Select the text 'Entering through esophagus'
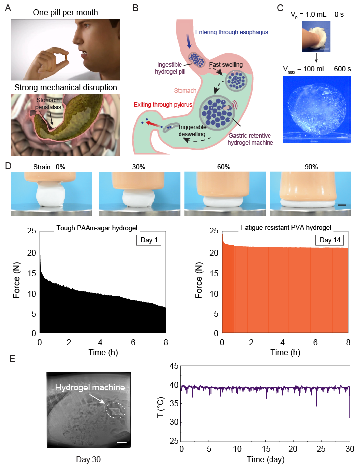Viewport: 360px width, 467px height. point(230,32)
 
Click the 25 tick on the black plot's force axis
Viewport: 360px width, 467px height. point(31,231)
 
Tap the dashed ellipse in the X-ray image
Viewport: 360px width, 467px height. point(115,410)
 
